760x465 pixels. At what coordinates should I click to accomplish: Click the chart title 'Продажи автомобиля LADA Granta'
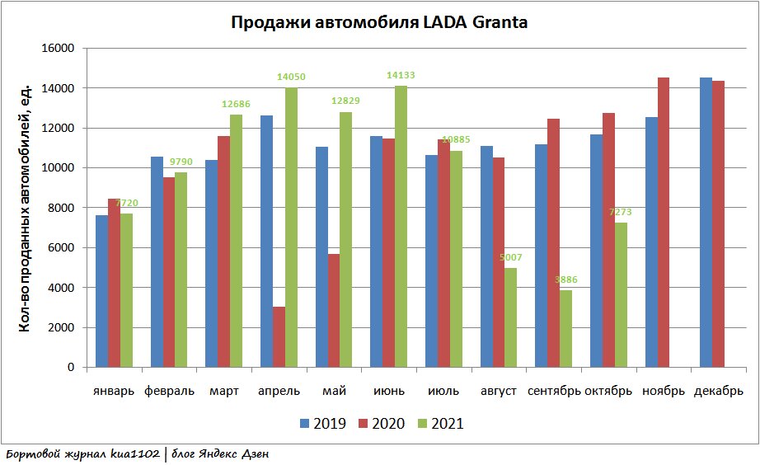tap(378, 23)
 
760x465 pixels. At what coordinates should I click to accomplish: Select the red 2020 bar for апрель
tap(279, 337)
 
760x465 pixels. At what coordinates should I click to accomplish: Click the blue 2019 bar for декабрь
tap(706, 223)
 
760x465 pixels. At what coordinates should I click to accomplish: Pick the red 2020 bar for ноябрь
tap(664, 223)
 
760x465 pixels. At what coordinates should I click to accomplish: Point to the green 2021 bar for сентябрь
tap(566, 329)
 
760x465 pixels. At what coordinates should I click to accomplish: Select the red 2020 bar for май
tap(334, 311)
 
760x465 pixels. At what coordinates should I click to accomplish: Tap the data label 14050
tap(291, 77)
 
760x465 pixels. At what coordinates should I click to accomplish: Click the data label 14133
tap(401, 75)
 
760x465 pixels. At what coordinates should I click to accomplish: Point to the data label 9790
tap(181, 162)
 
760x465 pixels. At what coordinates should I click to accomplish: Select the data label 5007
tap(511, 257)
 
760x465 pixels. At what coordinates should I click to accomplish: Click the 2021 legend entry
tap(437, 424)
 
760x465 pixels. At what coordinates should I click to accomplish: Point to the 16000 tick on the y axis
tap(59, 48)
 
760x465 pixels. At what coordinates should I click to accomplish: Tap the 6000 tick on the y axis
tap(62, 247)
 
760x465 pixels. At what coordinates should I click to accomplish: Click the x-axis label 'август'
tap(499, 391)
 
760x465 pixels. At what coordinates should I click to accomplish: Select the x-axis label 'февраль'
tap(169, 391)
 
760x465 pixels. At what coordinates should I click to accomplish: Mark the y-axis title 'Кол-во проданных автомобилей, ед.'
tap(25, 208)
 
